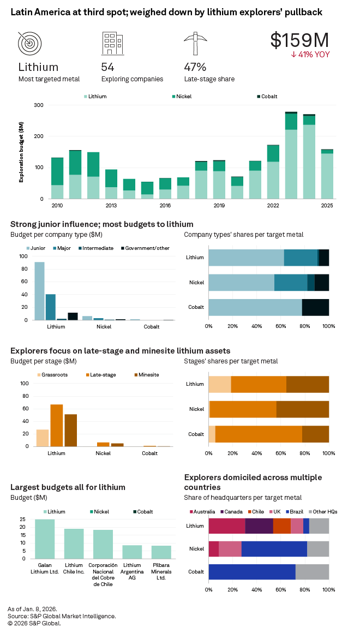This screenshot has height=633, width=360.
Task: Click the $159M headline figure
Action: [299, 40]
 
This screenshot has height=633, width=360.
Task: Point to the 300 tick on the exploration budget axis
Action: [39, 105]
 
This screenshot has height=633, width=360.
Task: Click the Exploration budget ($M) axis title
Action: [22, 152]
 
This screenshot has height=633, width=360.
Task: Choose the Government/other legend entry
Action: [145, 248]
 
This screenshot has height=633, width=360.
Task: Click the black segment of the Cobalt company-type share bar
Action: [315, 307]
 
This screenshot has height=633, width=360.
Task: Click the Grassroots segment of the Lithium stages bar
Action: [220, 384]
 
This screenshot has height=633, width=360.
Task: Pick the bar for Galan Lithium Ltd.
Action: [45, 539]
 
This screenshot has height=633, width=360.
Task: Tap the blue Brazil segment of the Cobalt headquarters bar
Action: [251, 572]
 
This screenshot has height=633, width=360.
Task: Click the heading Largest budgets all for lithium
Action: [68, 487]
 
